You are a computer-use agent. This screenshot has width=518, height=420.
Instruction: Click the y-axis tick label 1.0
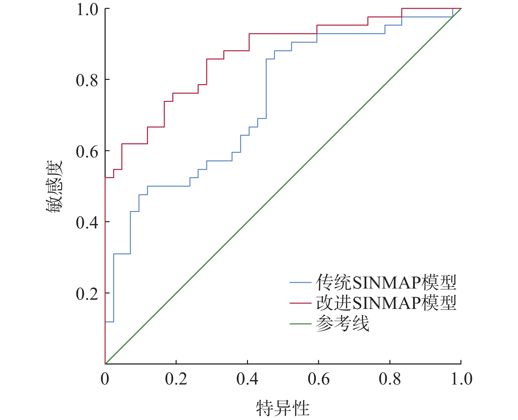(x=87, y=10)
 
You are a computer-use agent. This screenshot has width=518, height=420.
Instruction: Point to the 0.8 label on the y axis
(x=87, y=81)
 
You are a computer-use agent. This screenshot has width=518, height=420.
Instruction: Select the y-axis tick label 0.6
(x=87, y=152)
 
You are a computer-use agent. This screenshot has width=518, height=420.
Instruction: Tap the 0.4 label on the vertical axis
(x=87, y=223)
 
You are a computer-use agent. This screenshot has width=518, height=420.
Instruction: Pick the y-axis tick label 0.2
(x=87, y=294)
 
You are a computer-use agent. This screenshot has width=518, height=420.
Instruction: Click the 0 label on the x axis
(x=105, y=379)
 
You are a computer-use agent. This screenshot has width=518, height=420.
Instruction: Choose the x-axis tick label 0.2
(x=176, y=379)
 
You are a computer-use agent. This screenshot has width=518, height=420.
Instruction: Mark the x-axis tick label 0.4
(x=247, y=379)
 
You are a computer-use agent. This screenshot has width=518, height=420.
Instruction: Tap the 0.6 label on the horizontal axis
(x=318, y=379)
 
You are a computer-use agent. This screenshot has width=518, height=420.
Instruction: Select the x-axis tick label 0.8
(x=390, y=379)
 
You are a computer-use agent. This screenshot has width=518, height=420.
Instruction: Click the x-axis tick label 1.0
(x=461, y=379)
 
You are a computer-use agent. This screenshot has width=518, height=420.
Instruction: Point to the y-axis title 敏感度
(x=54, y=187)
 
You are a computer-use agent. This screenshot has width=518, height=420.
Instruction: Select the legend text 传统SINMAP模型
(x=386, y=282)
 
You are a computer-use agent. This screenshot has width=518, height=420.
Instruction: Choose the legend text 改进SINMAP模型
(x=386, y=303)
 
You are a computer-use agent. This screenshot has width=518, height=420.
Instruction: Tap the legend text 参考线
(x=342, y=324)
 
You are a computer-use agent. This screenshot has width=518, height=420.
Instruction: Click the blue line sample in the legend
(x=300, y=283)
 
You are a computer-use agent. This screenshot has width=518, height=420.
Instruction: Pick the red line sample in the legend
(x=300, y=303)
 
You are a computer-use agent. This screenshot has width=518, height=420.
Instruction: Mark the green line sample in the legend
(x=300, y=324)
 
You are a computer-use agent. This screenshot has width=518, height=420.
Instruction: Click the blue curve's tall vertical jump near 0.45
(x=266, y=89)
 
